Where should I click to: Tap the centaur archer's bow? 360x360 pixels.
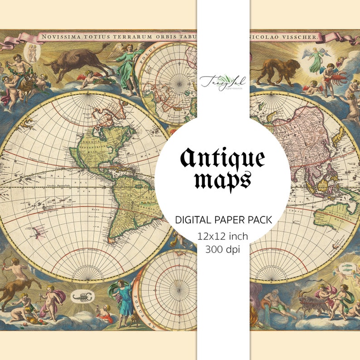(x=6, y=268)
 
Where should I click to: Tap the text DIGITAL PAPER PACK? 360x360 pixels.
(x=223, y=220)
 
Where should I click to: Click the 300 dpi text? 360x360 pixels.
(x=223, y=248)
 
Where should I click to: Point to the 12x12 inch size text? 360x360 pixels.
(x=223, y=236)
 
